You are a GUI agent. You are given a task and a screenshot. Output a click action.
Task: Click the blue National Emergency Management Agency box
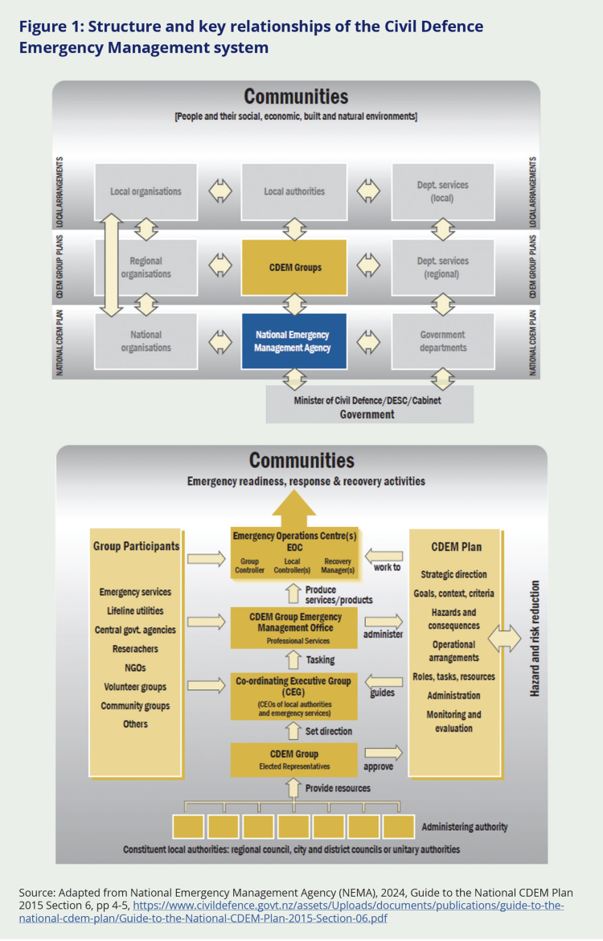[x=293, y=341]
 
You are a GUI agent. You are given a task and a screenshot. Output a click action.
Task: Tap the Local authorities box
[x=293, y=191]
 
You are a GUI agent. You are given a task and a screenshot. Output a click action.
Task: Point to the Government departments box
[x=442, y=341]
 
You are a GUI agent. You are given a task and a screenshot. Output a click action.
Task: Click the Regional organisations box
[x=146, y=267]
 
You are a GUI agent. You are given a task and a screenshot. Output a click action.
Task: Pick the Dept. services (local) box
[x=442, y=191]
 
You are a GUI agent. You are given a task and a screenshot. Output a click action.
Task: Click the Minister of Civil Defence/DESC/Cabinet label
[x=369, y=401]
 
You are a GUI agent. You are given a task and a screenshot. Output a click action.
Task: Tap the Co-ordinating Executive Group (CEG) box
[x=293, y=695]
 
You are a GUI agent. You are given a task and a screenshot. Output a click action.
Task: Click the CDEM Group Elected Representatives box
[x=293, y=759]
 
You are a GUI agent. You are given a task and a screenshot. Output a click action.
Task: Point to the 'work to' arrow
[x=384, y=554]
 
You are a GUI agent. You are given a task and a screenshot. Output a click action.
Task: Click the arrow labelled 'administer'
[x=383, y=621]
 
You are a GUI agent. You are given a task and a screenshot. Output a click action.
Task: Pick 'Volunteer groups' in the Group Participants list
[x=135, y=687]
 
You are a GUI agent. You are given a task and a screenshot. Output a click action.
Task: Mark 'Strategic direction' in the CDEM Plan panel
[x=453, y=574]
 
